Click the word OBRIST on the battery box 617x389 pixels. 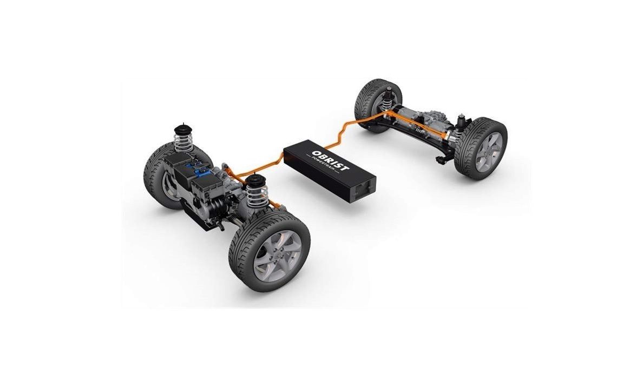click(x=330, y=160)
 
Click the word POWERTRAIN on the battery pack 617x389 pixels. click(x=324, y=164)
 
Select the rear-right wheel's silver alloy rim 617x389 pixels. click(x=489, y=152)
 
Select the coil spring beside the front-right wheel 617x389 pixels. click(x=258, y=195)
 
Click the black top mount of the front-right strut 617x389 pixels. click(x=255, y=180)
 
